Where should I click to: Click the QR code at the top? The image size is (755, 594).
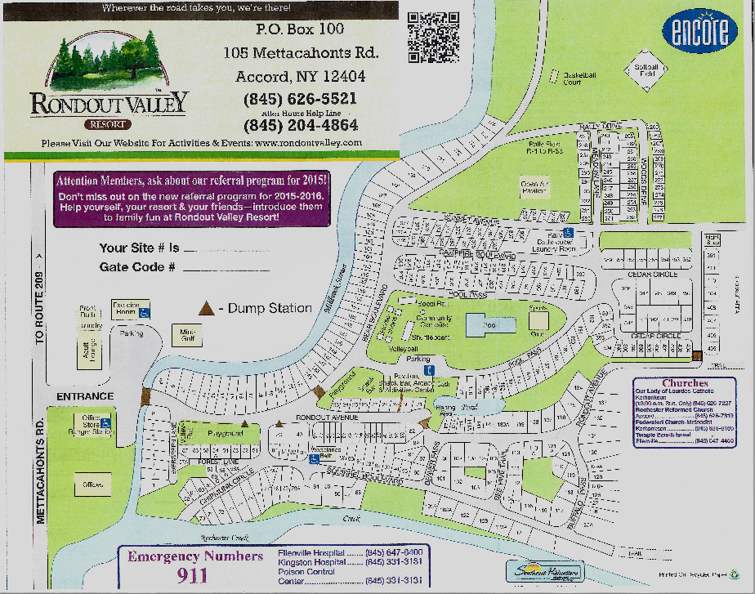point(434,37)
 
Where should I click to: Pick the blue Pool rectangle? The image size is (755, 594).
point(490,324)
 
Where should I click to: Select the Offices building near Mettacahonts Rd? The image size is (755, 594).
point(92,485)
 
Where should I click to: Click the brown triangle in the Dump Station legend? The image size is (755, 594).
point(208,308)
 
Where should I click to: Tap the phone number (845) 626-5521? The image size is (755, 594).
point(300,99)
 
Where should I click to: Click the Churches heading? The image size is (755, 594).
point(684,383)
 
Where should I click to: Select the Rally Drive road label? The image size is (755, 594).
point(601,126)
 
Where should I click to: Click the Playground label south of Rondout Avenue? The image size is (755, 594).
point(225,434)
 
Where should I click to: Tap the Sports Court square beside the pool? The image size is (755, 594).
point(538,321)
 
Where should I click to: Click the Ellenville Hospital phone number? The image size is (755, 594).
point(395,552)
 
